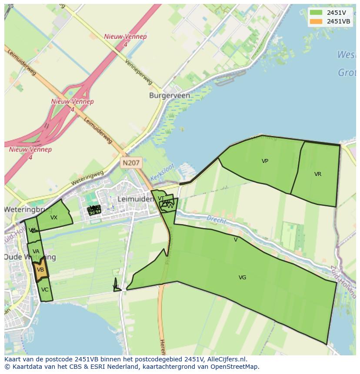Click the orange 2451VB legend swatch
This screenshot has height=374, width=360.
(x=316, y=21)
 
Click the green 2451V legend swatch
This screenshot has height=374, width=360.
(x=316, y=13)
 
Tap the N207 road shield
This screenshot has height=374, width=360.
(x=131, y=163)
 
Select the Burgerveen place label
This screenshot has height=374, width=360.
(x=169, y=95)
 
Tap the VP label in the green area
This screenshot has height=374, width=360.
(x=265, y=161)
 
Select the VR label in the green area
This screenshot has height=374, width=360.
(x=318, y=174)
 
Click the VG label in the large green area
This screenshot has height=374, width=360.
(x=242, y=278)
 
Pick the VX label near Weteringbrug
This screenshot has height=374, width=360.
(x=54, y=218)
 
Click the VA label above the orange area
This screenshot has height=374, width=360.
(x=36, y=252)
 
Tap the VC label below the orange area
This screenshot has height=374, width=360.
(x=45, y=290)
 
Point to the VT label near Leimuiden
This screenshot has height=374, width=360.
(x=161, y=199)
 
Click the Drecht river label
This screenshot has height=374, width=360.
(x=216, y=220)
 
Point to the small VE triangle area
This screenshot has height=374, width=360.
(x=116, y=286)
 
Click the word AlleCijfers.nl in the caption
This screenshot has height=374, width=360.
(x=227, y=359)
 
